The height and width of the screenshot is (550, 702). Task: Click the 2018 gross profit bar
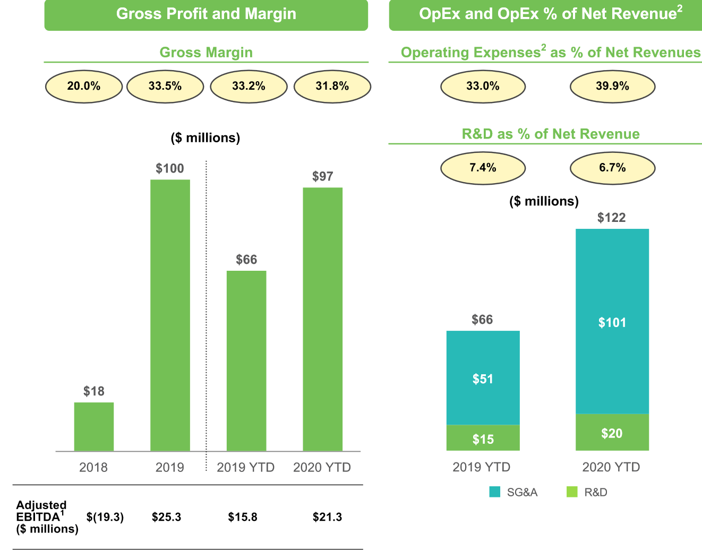pyautogui.click(x=94, y=427)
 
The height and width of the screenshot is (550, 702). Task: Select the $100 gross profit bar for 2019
pyautogui.click(x=170, y=315)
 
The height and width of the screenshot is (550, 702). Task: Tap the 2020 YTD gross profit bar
pyautogui.click(x=322, y=319)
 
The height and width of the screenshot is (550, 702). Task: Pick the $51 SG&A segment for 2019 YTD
pyautogui.click(x=483, y=378)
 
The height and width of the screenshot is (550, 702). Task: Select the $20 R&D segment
pyautogui.click(x=612, y=432)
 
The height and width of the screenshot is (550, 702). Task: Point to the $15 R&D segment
pyautogui.click(x=483, y=438)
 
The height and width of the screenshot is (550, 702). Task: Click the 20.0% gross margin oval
pyautogui.click(x=84, y=87)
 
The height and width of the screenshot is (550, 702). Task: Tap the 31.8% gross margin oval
pyautogui.click(x=332, y=87)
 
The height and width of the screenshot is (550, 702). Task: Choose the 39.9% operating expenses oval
pyautogui.click(x=612, y=87)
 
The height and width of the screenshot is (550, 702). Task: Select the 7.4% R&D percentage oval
pyautogui.click(x=483, y=168)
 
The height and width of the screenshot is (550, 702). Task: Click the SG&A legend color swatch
pyautogui.click(x=494, y=492)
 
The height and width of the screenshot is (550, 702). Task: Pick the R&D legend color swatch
pyautogui.click(x=572, y=492)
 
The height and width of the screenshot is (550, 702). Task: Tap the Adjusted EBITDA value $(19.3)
pyautogui.click(x=105, y=517)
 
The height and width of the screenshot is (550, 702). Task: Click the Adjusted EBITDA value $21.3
pyautogui.click(x=327, y=517)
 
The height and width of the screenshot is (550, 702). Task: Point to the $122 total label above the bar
pyautogui.click(x=612, y=218)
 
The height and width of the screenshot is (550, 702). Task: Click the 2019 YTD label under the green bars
pyautogui.click(x=246, y=467)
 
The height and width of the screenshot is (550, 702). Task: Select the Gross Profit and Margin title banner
pyautogui.click(x=206, y=14)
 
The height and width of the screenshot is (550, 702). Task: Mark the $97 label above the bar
pyautogui.click(x=322, y=176)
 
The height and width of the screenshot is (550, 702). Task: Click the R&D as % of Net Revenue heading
pyautogui.click(x=551, y=134)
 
